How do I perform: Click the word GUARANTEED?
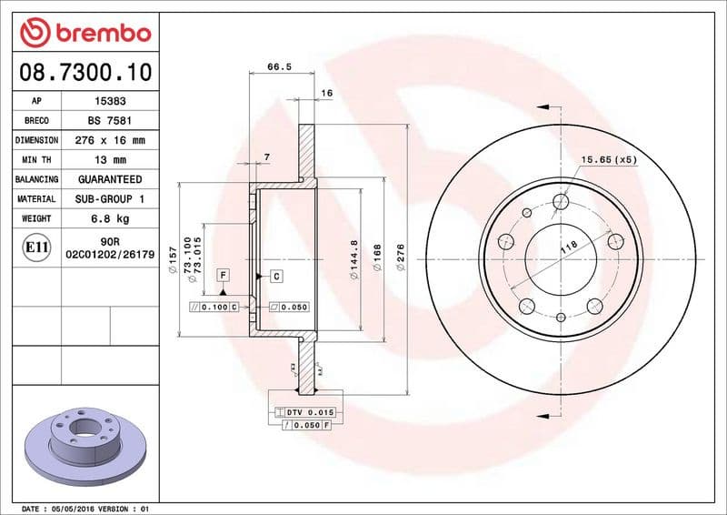(110, 179)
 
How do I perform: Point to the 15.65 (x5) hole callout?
(608, 160)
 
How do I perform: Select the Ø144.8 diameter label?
(354, 259)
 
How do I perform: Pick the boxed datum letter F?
(222, 274)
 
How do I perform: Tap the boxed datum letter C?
(275, 275)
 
